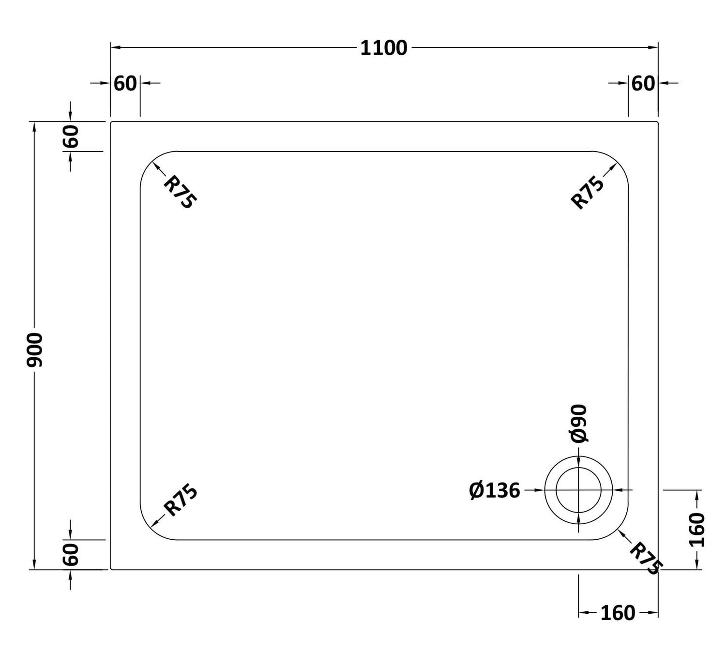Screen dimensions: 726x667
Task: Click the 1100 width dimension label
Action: pos(384,48)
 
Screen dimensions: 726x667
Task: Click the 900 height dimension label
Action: pos(35,350)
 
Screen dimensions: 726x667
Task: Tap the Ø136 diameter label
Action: pos(494,490)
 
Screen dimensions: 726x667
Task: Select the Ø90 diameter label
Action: pos(578,424)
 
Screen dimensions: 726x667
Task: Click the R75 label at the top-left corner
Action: pos(180,192)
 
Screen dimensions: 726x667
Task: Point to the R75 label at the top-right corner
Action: pos(587,192)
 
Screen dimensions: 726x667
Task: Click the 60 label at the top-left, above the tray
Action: pos(125,84)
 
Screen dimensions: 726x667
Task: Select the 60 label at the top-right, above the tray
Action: pos(643,84)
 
